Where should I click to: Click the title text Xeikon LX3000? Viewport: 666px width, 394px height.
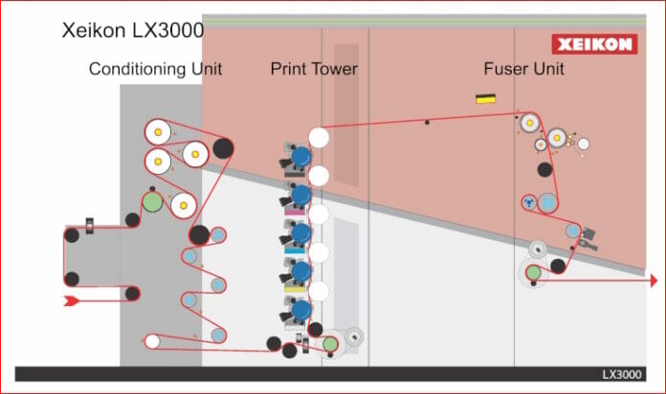click(133, 30)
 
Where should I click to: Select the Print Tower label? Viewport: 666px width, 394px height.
click(313, 69)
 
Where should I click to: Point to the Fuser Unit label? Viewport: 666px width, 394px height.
click(522, 69)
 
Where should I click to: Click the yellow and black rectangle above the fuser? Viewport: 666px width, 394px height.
click(486, 98)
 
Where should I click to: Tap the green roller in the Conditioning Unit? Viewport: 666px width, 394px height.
click(152, 202)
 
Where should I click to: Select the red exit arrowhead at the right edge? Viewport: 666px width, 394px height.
click(654, 280)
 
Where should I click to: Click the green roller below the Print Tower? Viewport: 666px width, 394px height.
click(330, 342)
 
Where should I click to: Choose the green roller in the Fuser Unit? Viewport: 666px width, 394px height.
click(533, 274)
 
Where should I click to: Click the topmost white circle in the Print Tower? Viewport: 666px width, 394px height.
click(319, 138)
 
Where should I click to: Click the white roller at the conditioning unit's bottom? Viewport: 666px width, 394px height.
click(151, 340)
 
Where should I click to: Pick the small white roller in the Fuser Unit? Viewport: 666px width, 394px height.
click(584, 144)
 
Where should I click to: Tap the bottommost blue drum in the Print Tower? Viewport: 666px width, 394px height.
click(300, 309)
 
